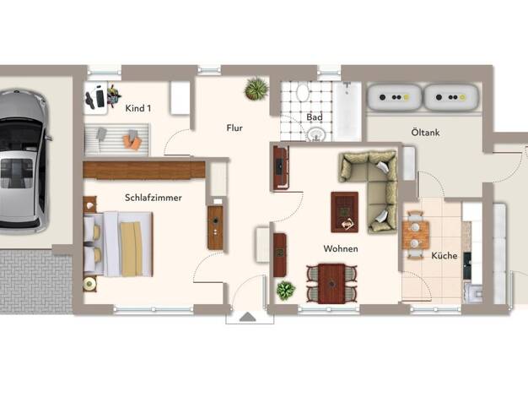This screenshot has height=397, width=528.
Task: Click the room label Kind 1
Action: point(138,108)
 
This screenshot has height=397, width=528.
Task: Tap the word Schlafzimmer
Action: point(154,198)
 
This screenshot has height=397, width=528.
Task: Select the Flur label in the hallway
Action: point(234,128)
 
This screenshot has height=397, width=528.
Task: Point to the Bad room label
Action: point(315,117)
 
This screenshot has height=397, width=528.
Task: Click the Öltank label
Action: point(425,133)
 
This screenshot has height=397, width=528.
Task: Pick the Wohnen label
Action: point(341,249)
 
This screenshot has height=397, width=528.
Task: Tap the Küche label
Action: point(444,256)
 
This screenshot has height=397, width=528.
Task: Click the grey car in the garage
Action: point(22,160)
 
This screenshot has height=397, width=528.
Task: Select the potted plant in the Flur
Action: point(256,89)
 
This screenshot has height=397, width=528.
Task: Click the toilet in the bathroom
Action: point(303,92)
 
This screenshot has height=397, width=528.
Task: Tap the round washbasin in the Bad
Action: point(316,134)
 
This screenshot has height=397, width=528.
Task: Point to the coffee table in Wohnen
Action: point(344,212)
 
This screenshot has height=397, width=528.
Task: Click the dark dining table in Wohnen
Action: point(331,284)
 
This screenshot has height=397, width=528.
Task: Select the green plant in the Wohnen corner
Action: point(286,291)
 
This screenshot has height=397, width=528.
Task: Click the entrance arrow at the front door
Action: point(248,317)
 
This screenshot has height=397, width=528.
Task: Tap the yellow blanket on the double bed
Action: point(132,249)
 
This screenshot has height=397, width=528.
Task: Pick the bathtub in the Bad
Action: point(348,111)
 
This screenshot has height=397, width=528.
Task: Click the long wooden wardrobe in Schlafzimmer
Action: point(144,170)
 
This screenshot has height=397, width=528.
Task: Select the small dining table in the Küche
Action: point(416,235)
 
